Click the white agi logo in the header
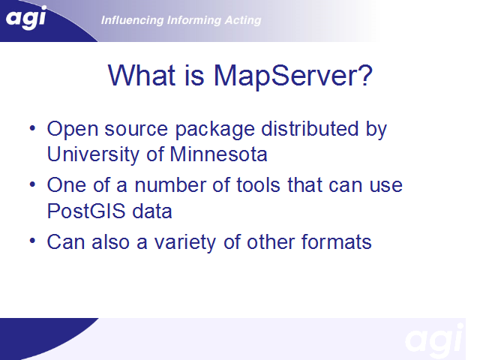pos(26,18)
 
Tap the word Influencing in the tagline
pos(132,20)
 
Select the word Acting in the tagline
pos(243,20)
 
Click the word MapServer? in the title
pos(293,75)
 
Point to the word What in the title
pos(142,75)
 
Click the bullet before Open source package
pos(32,128)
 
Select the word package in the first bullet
pos(215,130)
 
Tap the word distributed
pos(310,128)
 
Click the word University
pos(93,154)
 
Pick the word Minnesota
pos(218,154)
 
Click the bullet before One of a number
pos(32,185)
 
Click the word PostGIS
pos(86,211)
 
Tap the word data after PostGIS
pos(152,211)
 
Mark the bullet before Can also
pos(32,241)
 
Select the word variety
pos(185,243)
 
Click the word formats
pos(337,241)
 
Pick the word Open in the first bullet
pos(73,130)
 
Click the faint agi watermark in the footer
pos(433,340)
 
